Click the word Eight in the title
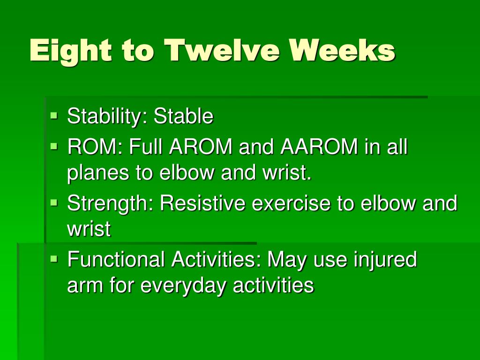point(71,51)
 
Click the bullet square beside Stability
point(54,116)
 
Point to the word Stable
point(183,116)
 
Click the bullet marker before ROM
point(54,146)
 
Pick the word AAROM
point(319,146)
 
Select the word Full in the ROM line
point(145,146)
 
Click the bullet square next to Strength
point(54,202)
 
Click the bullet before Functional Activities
point(54,259)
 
